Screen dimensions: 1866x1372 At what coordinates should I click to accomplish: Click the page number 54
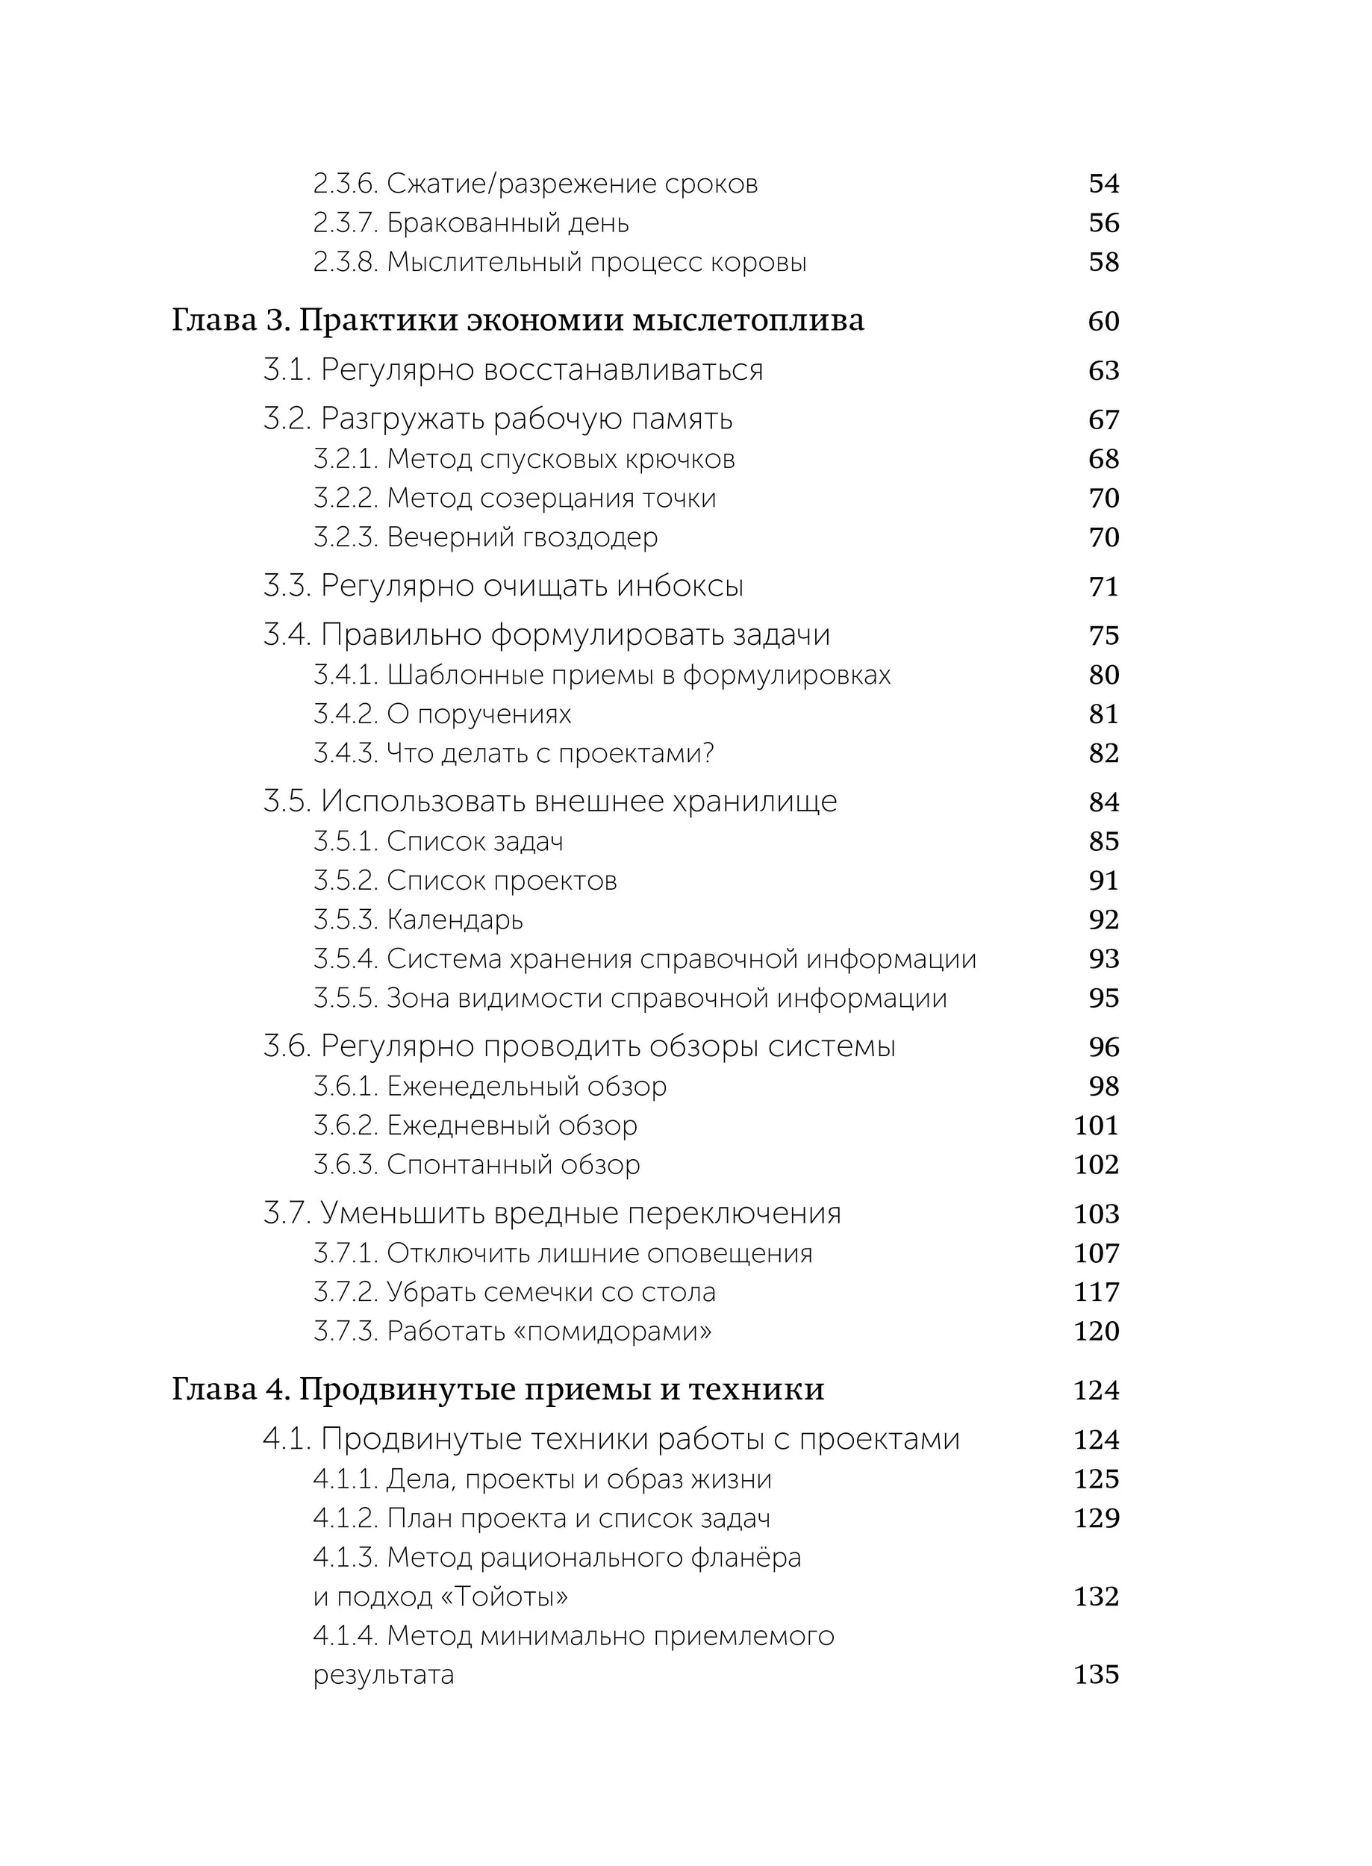pos(1104,184)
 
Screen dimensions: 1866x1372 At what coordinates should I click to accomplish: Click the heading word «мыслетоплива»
pos(748,320)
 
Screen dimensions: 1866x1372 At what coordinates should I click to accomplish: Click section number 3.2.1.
pos(346,459)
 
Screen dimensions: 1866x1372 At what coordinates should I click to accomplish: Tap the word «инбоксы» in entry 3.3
pos(679,586)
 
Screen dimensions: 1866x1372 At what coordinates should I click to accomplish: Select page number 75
pos(1104,635)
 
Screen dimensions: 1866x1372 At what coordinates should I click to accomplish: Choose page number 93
pos(1104,959)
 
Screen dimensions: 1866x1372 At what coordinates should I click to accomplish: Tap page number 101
pos(1097,1126)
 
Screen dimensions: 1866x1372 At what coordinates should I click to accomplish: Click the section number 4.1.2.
pos(346,1518)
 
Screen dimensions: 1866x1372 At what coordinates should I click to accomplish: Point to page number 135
pos(1097,1674)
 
